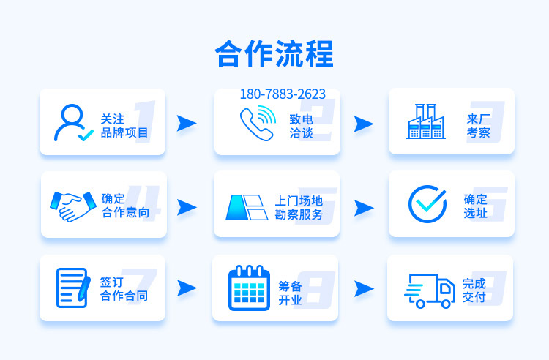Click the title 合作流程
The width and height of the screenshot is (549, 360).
pos(274,53)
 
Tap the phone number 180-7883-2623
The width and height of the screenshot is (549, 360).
pos(283,94)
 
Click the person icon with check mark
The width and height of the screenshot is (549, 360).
pos(72,122)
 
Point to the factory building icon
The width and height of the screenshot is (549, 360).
pos(426,121)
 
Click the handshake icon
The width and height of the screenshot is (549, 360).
pos(73,206)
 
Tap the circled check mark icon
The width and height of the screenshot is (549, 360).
pos(427,204)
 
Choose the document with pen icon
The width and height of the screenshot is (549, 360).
pos(73,288)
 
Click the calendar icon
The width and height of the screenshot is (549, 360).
pos(249,288)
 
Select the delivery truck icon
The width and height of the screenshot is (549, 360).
pos(430,290)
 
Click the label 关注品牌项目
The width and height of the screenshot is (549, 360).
pos(124,126)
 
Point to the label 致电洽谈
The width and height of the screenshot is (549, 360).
pos(301,126)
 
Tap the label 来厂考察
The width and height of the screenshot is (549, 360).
pos(478,126)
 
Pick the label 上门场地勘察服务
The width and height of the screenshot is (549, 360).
pos(299,208)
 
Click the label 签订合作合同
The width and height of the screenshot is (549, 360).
pos(124,289)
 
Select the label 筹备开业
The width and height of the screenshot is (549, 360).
pos(291,293)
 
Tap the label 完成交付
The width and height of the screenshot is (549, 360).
pos(474,290)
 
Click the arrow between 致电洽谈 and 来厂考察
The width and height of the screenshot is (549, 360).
pos(364,124)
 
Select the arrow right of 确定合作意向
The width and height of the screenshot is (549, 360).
pos(187,208)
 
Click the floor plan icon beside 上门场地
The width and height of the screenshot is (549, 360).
pos(247,208)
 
